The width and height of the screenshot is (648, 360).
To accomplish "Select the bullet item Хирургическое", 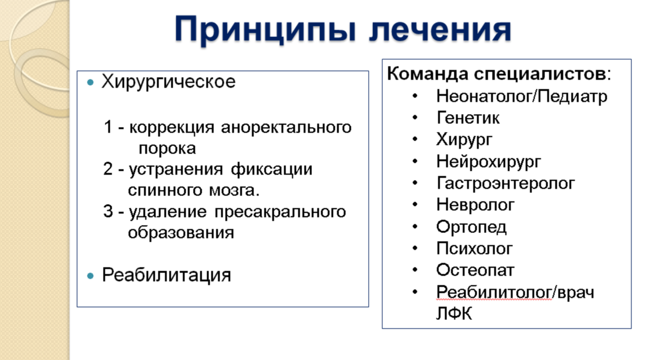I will tap(168, 82).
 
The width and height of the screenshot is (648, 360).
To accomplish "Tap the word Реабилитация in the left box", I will tap(166, 274).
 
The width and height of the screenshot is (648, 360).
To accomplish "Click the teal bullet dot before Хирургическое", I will tap(91, 83).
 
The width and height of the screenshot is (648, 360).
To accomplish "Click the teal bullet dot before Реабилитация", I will tap(91, 275).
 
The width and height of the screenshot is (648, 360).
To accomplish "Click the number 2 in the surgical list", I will tap(108, 170).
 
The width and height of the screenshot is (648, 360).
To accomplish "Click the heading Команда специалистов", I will tap(496, 74).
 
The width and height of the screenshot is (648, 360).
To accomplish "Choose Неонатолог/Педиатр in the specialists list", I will tap(522, 97).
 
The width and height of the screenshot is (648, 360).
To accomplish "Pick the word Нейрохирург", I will tap(488, 162).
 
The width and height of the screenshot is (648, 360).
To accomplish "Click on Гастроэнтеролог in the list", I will tap(506, 183).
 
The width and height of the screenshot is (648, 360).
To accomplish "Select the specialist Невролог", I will tap(475, 205).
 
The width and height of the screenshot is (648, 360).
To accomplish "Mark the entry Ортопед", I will tap(471, 227).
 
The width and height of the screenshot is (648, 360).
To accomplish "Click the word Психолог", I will tap(474, 248).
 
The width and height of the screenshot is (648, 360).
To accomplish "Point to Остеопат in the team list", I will tap(475, 270).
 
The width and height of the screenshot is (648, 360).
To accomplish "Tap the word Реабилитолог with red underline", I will tap(494, 292).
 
